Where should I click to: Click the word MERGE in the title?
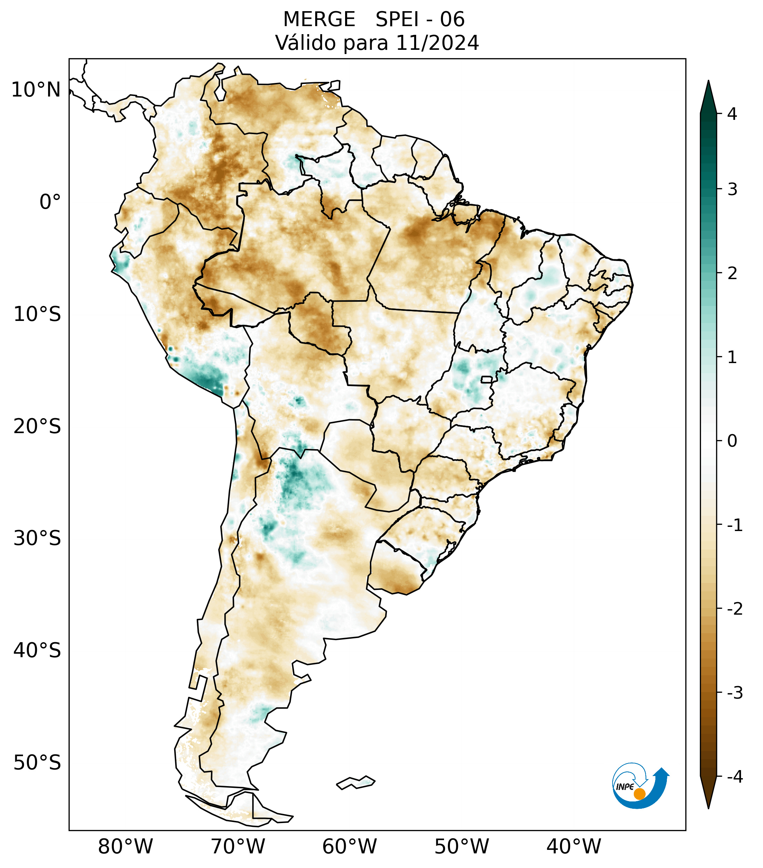pyautogui.click(x=319, y=20)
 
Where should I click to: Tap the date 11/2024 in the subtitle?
pyautogui.click(x=437, y=43)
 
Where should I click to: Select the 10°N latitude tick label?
pyautogui.click(x=36, y=90)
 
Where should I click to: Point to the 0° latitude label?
pyautogui.click(x=50, y=202)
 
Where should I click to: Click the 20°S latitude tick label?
pyautogui.click(x=37, y=427)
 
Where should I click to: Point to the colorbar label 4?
pyautogui.click(x=732, y=114)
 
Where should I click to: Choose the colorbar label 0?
pyautogui.click(x=732, y=441)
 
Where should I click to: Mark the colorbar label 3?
pyautogui.click(x=732, y=190)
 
